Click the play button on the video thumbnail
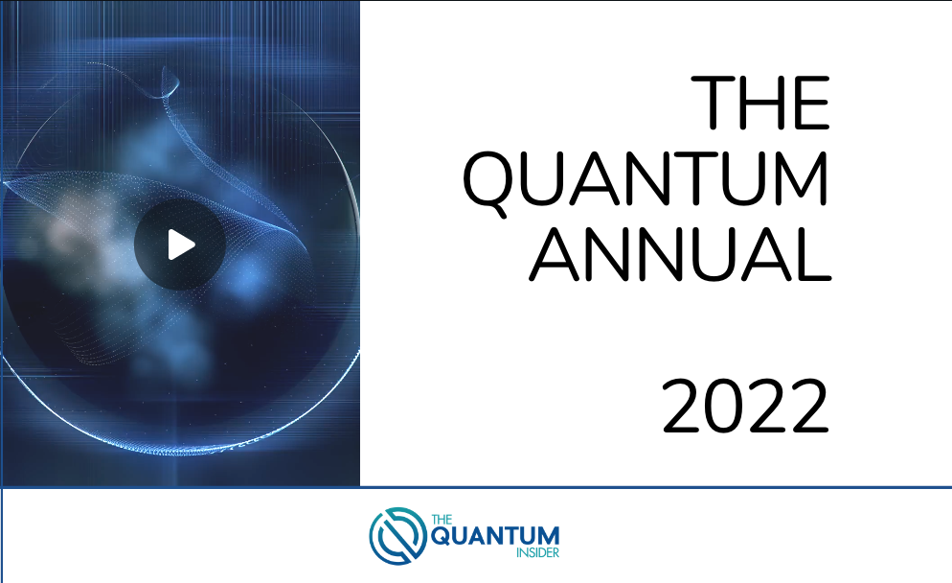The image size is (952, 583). coord(179,245)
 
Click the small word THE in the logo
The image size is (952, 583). coord(442,520)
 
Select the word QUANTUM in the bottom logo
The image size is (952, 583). coord(495,535)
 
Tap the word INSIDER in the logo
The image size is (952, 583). coord(539,552)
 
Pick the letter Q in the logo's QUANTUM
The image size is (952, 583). coord(443,536)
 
